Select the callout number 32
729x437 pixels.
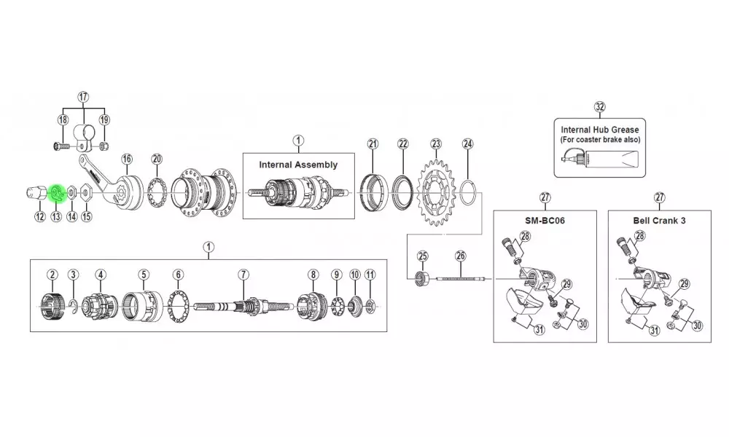[x=600, y=107]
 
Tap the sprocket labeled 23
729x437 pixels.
[x=435, y=192]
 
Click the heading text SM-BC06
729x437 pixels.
[x=545, y=221]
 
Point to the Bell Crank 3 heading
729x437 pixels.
[x=659, y=221]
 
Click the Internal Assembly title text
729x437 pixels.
[x=298, y=165]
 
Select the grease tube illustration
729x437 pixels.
[x=600, y=160]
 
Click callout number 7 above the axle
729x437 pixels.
[x=243, y=275]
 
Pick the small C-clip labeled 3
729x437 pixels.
[x=73, y=304]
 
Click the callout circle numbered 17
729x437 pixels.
[x=83, y=97]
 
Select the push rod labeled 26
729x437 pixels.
[x=460, y=279]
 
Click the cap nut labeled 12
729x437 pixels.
[x=36, y=192]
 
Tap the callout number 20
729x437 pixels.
[x=157, y=160]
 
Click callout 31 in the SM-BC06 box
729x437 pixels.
[x=539, y=330]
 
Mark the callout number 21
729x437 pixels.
[x=373, y=144]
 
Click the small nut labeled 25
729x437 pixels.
[x=421, y=279]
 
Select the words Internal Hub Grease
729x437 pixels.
[x=600, y=130]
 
